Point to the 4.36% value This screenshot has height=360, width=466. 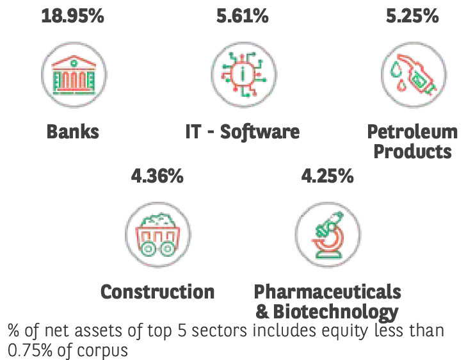pos(157,176)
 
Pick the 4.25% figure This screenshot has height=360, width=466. pos(327,176)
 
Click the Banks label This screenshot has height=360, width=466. pos(72,132)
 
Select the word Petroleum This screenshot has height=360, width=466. pos(413,132)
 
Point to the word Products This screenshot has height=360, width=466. pos(413,152)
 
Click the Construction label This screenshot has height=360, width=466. pos(157,291)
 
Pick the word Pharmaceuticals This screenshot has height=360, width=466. pos(327,291)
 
